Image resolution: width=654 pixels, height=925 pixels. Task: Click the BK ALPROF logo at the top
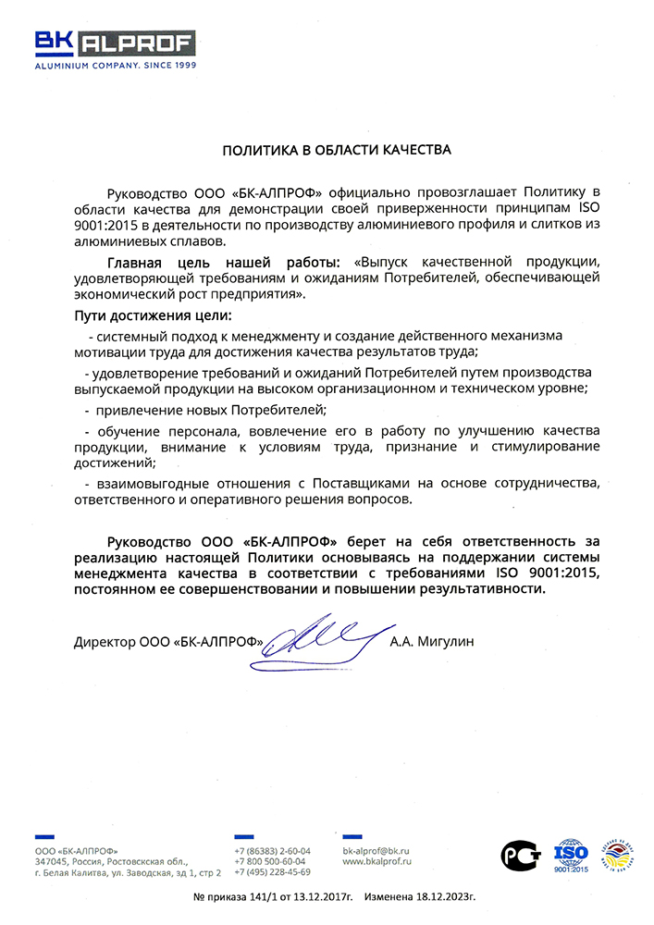[116, 43]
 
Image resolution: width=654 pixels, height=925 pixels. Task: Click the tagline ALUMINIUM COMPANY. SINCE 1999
[116, 67]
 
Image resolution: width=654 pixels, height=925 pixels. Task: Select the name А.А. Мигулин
[432, 641]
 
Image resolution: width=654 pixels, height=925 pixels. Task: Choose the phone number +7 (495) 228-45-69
[273, 872]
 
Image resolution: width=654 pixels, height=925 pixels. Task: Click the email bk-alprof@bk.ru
[376, 850]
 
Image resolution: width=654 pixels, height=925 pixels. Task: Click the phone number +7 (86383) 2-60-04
[273, 850]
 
